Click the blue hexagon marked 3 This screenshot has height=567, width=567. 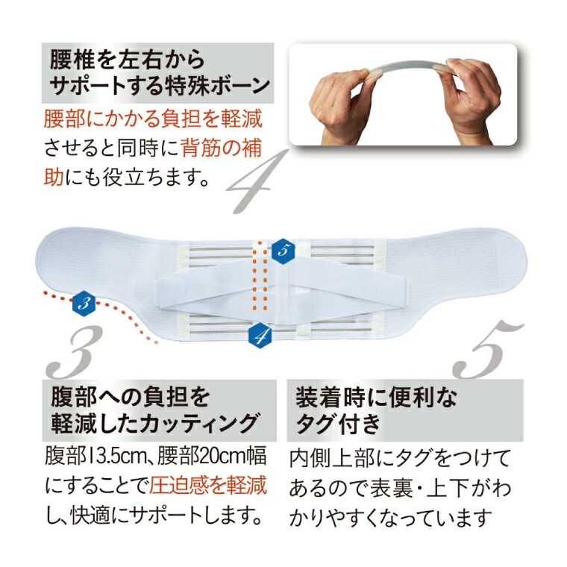[84, 303]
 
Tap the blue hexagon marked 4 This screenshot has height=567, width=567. [260, 336]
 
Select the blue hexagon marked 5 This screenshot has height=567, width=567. [283, 251]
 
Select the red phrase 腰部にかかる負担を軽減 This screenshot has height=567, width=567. [153, 119]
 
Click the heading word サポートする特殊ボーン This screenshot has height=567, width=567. [160, 86]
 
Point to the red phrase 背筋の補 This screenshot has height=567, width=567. [221, 149]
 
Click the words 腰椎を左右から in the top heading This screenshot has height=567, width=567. [128, 59]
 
